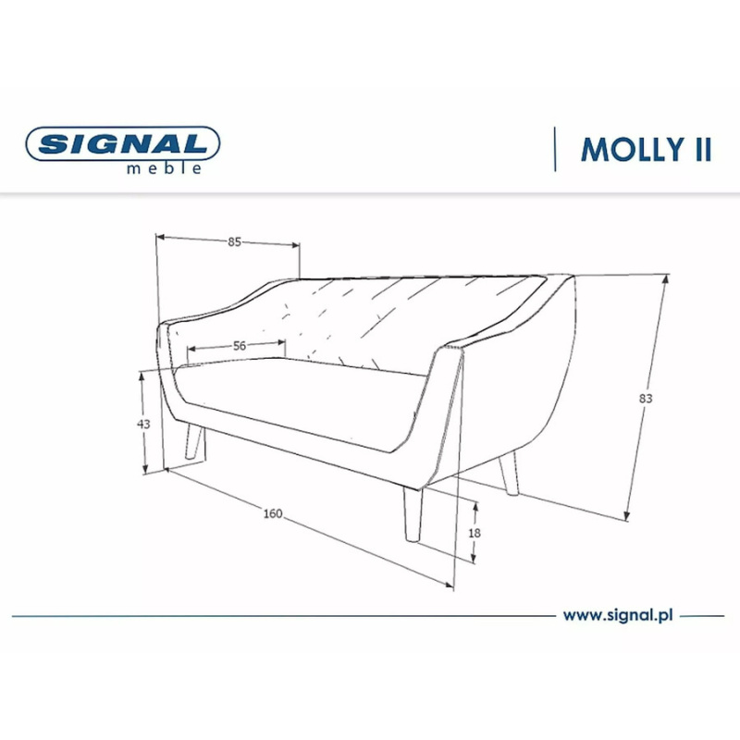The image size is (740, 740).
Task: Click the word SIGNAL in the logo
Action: [123, 143]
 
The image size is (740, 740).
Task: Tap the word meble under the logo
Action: [165, 168]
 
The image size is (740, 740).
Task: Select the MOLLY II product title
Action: [646, 150]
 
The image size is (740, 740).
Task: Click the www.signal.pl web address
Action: [617, 615]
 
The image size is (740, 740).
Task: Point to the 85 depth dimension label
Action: [234, 241]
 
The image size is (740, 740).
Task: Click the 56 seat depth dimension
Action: [240, 346]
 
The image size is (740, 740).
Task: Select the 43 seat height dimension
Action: [143, 424]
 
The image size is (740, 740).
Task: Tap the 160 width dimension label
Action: [273, 513]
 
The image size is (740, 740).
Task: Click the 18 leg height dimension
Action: [475, 533]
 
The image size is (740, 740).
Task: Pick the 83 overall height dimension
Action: [646, 399]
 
